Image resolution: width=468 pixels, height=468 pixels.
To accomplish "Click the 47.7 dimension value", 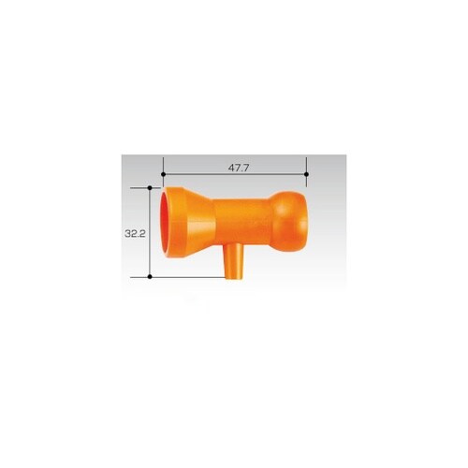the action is click(239, 168).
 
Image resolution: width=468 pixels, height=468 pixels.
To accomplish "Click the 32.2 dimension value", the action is click(135, 233).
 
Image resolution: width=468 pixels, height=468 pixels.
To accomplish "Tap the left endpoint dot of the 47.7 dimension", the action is click(163, 174).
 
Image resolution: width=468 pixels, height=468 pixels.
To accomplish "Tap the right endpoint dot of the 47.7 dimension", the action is click(306, 174).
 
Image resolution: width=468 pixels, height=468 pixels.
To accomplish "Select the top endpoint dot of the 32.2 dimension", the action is click(150, 188).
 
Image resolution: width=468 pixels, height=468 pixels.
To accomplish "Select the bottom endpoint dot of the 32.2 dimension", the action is click(150, 277).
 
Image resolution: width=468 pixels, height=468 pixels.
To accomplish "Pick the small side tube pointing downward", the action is click(234, 261).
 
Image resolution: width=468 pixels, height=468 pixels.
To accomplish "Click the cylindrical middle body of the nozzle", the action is click(241, 221).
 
